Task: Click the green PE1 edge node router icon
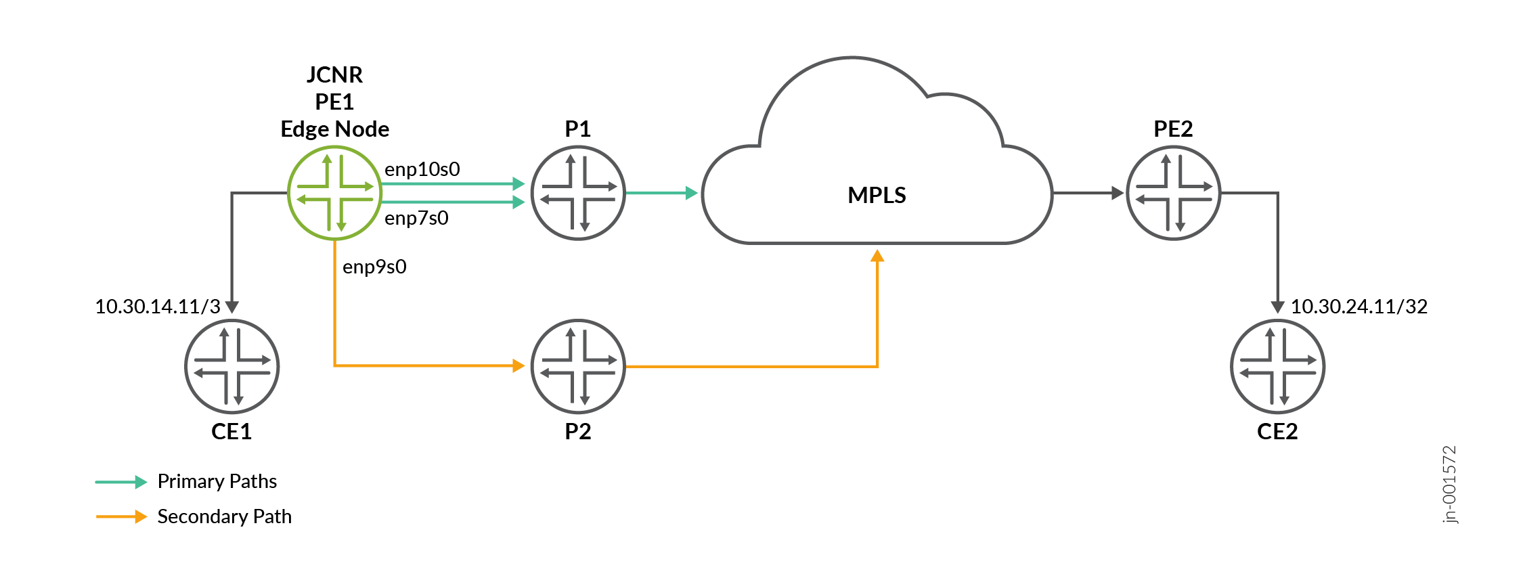[334, 193]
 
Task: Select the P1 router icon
[578, 193]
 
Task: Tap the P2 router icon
[578, 366]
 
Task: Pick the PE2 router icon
[1174, 193]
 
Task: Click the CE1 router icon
[232, 366]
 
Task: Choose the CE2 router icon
[1278, 366]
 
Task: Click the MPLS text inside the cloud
[877, 195]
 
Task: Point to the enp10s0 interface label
[422, 169]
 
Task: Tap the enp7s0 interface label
[416, 218]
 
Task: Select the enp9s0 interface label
[374, 267]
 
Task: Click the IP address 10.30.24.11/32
[1359, 307]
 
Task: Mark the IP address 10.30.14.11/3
[158, 307]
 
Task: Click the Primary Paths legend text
[217, 481]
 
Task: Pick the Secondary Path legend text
[225, 516]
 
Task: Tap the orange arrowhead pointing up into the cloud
[877, 255]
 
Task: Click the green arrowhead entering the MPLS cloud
[692, 193]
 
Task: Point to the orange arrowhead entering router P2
[519, 366]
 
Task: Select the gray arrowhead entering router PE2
[1118, 193]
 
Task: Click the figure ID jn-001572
[1449, 485]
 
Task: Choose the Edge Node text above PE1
[335, 129]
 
